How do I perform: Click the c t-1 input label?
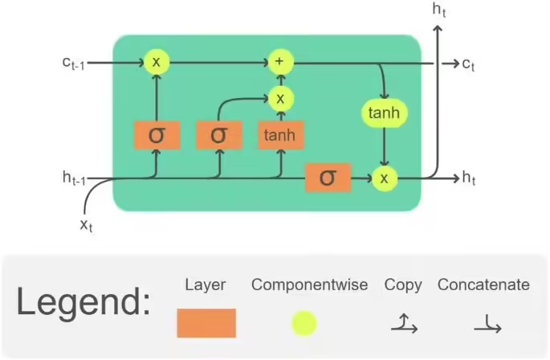[x=72, y=63]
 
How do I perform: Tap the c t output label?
[x=470, y=63]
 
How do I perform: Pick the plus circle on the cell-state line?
[x=280, y=61]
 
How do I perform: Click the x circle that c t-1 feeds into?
[x=156, y=61]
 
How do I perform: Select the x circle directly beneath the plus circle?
[x=280, y=98]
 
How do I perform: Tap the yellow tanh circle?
[x=384, y=113]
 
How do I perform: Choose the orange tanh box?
[x=280, y=135]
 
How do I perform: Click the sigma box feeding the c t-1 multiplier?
[x=156, y=135]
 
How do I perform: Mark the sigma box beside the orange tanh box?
[x=218, y=135]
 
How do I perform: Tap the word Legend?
[x=84, y=304]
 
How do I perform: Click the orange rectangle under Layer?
[x=206, y=323]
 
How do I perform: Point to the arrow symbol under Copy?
[x=402, y=324]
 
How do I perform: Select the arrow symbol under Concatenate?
[x=483, y=324]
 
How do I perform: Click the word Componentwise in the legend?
[x=309, y=284]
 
